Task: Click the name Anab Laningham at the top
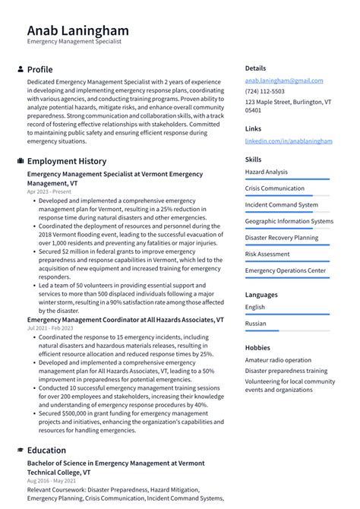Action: click(77, 30)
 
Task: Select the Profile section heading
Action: click(39, 69)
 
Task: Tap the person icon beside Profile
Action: click(20, 69)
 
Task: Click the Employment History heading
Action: click(67, 161)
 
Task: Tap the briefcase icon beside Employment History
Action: click(20, 161)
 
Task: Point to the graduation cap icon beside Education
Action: click(20, 450)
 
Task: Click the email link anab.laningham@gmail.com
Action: click(283, 81)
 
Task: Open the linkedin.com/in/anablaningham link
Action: click(288, 141)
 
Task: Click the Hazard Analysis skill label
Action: click(266, 172)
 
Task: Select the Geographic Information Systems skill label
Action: click(289, 221)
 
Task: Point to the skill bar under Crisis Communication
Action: click(287, 195)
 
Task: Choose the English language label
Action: click(255, 307)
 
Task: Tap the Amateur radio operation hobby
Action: click(278, 360)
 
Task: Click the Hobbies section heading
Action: click(257, 347)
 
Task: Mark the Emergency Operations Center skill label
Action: click(285, 270)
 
